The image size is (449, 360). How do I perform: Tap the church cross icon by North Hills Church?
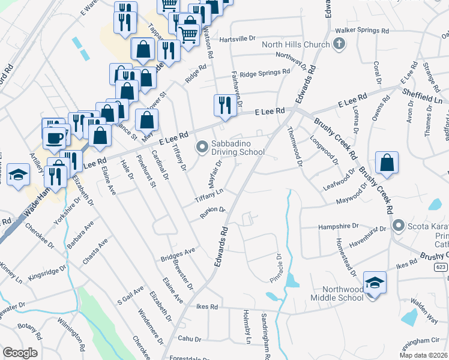click(339, 43)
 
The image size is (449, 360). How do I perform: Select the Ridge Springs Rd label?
click(265, 74)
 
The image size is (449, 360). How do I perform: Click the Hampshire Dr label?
click(338, 227)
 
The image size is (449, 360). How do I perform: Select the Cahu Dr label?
click(190, 339)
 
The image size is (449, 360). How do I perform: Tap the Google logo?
click(20, 353)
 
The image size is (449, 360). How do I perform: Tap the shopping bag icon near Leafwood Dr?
click(387, 162)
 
